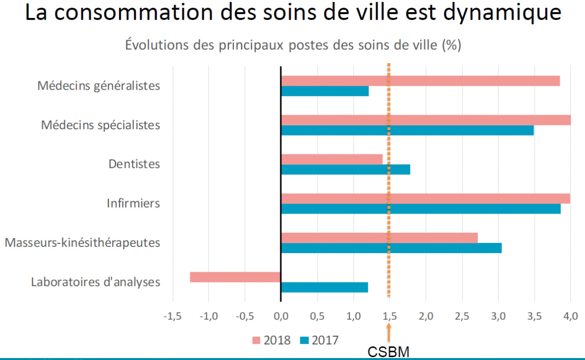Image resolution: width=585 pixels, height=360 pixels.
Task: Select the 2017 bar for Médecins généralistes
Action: [x=325, y=91]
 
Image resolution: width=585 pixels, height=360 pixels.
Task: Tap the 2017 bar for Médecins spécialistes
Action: [x=407, y=130]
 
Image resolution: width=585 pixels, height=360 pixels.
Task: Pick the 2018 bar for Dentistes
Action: [x=331, y=159]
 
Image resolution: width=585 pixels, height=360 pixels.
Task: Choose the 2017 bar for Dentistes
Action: [x=346, y=169]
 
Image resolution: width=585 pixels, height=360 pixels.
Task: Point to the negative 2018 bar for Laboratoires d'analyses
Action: [x=235, y=277]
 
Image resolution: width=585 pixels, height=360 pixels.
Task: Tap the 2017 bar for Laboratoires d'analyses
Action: [x=324, y=287]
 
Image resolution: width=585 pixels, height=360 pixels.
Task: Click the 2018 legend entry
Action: [x=271, y=340]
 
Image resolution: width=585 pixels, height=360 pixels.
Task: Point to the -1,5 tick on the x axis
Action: [x=172, y=316]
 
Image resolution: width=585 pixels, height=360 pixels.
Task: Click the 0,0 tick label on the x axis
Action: [x=281, y=316]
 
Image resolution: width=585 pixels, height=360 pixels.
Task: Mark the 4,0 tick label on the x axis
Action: [x=570, y=316]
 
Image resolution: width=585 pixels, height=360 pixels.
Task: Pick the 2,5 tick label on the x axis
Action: [x=462, y=316]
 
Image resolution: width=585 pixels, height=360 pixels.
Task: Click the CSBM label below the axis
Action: [x=389, y=352]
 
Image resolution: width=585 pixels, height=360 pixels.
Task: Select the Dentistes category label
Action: [x=134, y=164]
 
